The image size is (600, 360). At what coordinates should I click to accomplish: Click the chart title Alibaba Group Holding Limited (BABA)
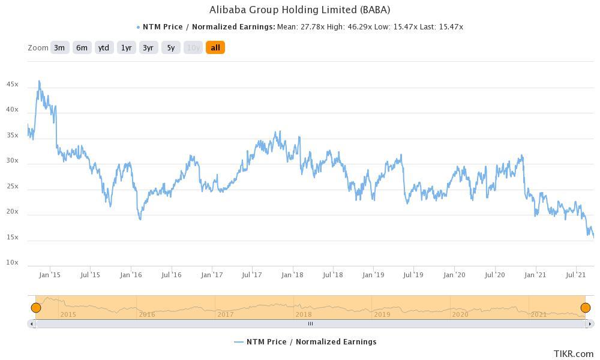(x=299, y=10)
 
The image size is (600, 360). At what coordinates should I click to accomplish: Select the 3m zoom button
(x=59, y=47)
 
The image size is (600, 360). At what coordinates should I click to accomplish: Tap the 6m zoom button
(x=82, y=47)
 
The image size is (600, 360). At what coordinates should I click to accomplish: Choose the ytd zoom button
(x=104, y=47)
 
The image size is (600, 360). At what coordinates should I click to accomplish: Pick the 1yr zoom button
(x=126, y=47)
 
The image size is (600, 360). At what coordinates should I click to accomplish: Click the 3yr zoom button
(x=148, y=47)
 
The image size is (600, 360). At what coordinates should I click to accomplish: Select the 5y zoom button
(x=171, y=47)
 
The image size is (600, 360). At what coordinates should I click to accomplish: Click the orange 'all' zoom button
(x=215, y=47)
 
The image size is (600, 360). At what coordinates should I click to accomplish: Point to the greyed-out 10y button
(x=193, y=47)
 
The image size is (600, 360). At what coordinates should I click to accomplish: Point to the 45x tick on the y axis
(x=12, y=85)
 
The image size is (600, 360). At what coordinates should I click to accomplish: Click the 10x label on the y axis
(x=12, y=263)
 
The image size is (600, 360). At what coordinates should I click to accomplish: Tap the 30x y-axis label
(x=12, y=161)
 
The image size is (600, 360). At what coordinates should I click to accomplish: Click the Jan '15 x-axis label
(x=50, y=275)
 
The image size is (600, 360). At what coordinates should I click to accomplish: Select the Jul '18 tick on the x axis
(x=332, y=275)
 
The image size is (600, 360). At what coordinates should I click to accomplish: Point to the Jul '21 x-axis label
(x=575, y=275)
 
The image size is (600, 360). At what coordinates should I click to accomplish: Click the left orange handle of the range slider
(x=36, y=308)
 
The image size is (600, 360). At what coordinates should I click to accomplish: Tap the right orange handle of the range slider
(x=586, y=308)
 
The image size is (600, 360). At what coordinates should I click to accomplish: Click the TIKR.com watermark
(x=573, y=354)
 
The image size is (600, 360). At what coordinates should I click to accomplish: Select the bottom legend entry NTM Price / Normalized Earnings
(x=305, y=341)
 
